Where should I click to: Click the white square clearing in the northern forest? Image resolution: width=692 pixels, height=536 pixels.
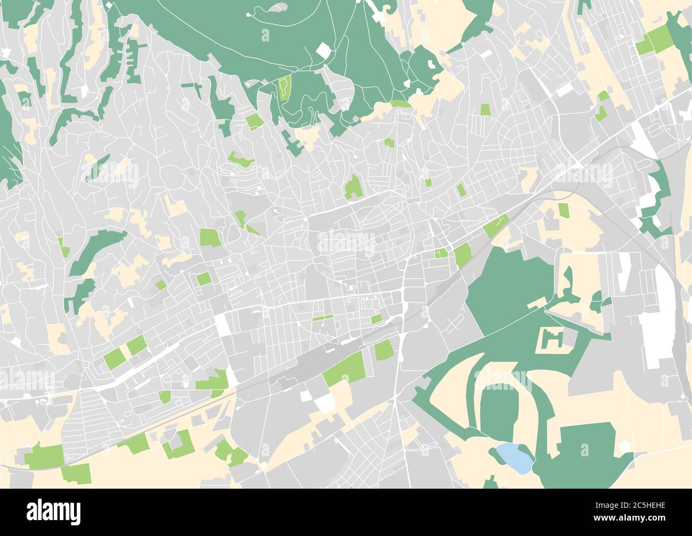pos(323,51)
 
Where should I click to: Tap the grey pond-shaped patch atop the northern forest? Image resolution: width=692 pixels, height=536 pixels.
pos(275,8)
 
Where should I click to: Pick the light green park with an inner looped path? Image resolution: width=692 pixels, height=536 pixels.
pos(285,87)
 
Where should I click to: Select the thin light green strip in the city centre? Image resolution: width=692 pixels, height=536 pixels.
pos(322,318)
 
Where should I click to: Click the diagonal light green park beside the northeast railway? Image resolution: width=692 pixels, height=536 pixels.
pos(496,226)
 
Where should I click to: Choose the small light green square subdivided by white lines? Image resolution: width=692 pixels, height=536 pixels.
pos(441,253)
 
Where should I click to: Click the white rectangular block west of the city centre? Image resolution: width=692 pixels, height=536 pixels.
pos(223,324)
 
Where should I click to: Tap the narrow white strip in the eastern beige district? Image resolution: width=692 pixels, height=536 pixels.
pos(624,271)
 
